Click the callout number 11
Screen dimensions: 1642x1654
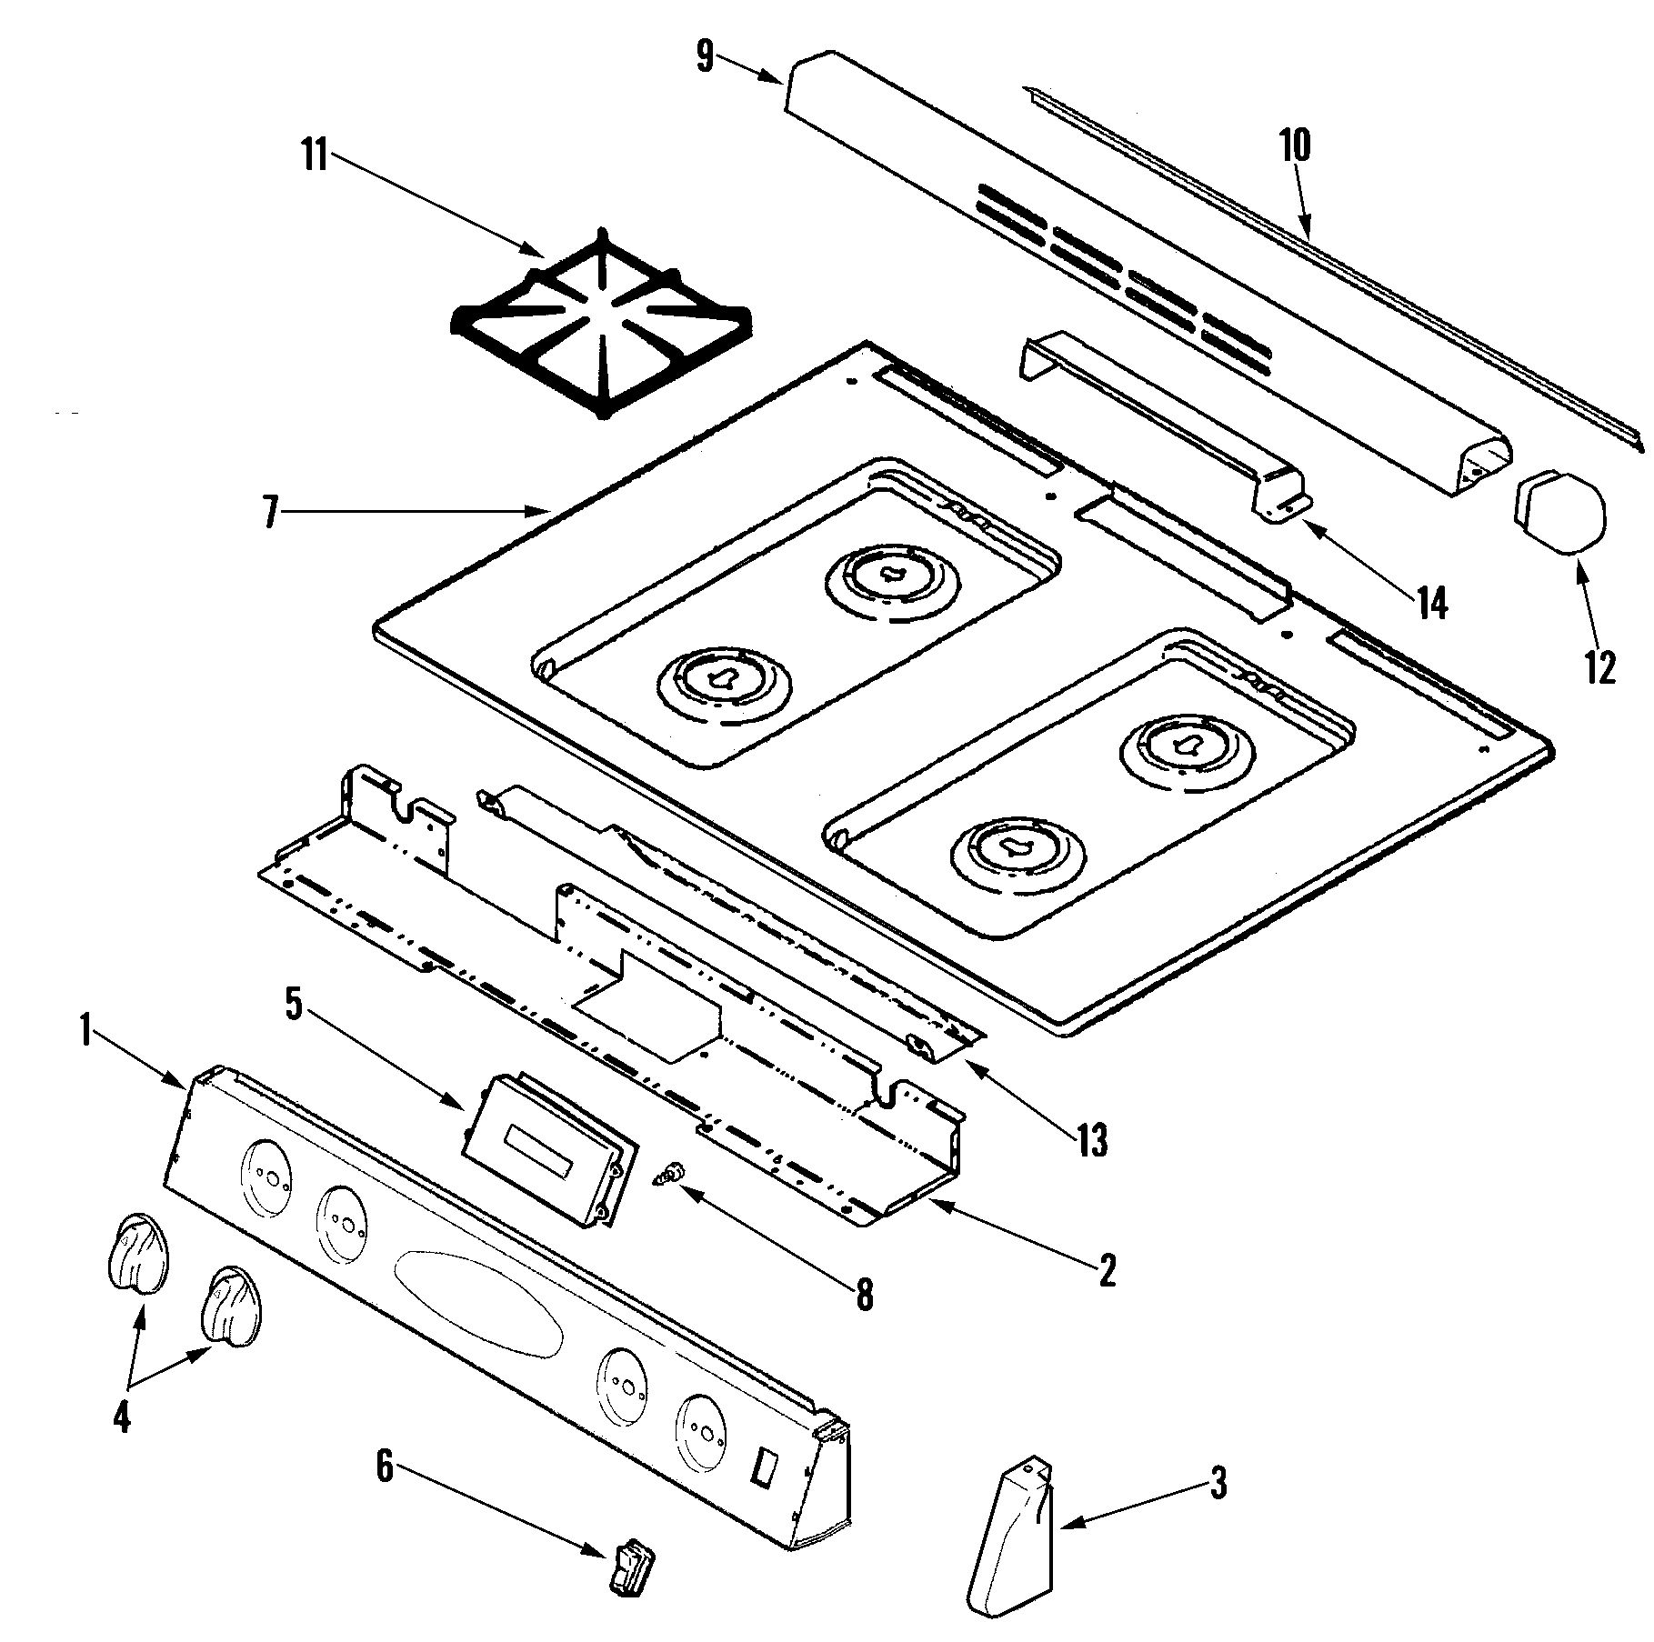tap(315, 156)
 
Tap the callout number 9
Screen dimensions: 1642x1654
tap(706, 57)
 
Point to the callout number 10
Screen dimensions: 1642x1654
tap(1296, 145)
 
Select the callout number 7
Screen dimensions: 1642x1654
tap(269, 513)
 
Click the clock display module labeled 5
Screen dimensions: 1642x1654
tap(546, 1150)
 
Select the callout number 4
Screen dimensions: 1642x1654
tap(122, 1417)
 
